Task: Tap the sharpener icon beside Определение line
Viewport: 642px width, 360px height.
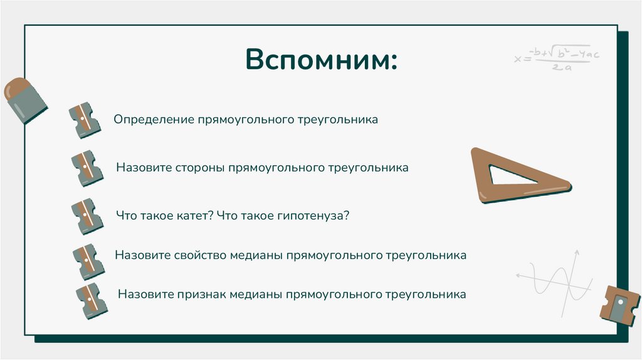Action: tap(85, 120)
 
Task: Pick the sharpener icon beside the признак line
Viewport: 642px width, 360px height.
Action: tap(91, 300)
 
